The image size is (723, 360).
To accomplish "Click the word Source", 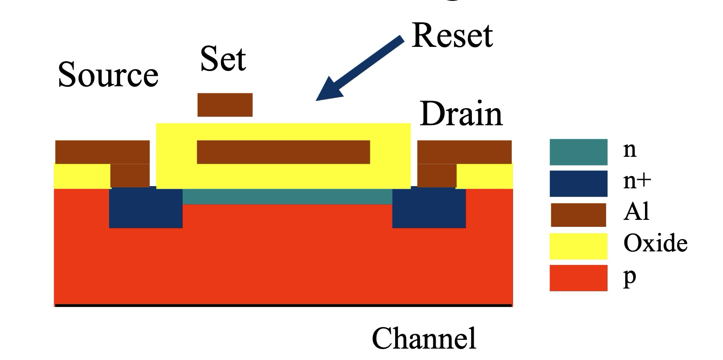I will point(108,74).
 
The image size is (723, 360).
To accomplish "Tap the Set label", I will point(223,59).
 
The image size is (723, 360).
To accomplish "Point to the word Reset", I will point(452,35).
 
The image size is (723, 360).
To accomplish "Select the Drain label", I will point(461,114).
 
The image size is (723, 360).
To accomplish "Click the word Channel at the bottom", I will point(424,338).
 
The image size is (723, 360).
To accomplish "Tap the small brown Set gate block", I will point(225,105).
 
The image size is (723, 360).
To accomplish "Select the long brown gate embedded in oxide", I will point(283,152).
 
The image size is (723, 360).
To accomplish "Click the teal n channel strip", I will point(287,197).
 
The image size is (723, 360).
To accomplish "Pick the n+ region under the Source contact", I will point(145,208).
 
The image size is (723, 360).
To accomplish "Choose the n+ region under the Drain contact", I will point(429,208).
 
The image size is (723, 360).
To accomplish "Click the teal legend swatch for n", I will point(578,152).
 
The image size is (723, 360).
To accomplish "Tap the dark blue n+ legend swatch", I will point(578,184).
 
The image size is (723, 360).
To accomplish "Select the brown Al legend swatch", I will point(578,215).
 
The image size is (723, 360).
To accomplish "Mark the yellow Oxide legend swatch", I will point(578,246).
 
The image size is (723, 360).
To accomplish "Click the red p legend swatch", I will point(578,278).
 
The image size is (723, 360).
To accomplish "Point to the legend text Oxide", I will point(655,243).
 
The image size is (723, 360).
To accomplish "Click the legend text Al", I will point(636,212).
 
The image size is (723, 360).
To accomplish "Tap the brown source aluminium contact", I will point(102,152).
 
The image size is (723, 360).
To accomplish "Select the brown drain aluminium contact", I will point(464,152).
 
